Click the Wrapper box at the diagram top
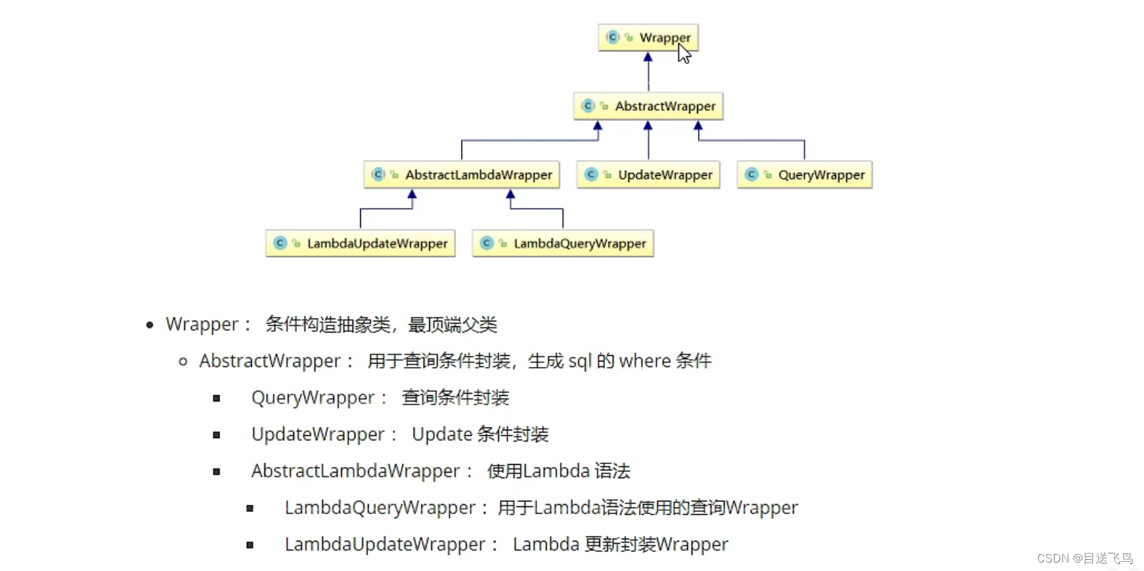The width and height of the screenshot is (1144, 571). (648, 37)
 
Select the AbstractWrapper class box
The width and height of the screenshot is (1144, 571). (648, 106)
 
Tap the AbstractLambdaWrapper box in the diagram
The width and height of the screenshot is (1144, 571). (462, 174)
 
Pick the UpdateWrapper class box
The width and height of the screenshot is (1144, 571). (648, 174)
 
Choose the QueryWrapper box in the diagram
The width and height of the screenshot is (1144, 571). (804, 174)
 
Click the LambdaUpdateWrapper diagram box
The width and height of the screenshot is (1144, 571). (360, 243)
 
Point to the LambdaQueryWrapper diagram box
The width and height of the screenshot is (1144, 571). (563, 243)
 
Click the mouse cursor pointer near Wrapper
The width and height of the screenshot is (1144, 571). (683, 53)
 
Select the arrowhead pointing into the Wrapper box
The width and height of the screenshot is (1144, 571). (648, 58)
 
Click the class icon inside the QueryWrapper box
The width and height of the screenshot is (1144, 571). (751, 174)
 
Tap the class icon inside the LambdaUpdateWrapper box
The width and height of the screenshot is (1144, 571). (280, 243)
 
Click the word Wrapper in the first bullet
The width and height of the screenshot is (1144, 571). (202, 324)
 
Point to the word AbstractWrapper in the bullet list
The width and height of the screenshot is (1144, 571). (269, 361)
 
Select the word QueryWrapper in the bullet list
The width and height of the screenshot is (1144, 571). (312, 397)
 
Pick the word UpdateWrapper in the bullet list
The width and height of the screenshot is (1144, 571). (317, 434)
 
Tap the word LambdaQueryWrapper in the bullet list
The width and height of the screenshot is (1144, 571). (380, 507)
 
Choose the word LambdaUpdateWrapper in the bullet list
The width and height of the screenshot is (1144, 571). (385, 544)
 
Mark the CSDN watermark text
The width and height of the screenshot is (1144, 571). (1084, 558)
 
